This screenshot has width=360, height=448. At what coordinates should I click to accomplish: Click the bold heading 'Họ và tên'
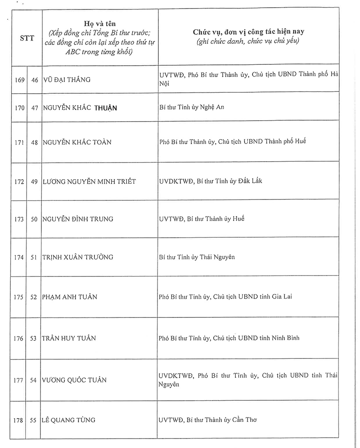tap(99, 23)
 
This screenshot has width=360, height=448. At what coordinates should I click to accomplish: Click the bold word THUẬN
tap(106, 108)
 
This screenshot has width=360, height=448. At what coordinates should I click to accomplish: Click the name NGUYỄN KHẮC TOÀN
tap(77, 142)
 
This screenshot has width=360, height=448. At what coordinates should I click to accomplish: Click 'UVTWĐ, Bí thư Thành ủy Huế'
tap(202, 219)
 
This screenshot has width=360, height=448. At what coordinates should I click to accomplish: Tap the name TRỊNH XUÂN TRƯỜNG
tap(77, 257)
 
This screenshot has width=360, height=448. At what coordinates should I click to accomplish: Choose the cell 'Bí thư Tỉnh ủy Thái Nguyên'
tap(197, 257)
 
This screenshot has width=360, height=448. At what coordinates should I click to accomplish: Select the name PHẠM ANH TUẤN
tap(70, 297)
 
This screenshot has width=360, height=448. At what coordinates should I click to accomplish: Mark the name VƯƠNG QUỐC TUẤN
tap(74, 380)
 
